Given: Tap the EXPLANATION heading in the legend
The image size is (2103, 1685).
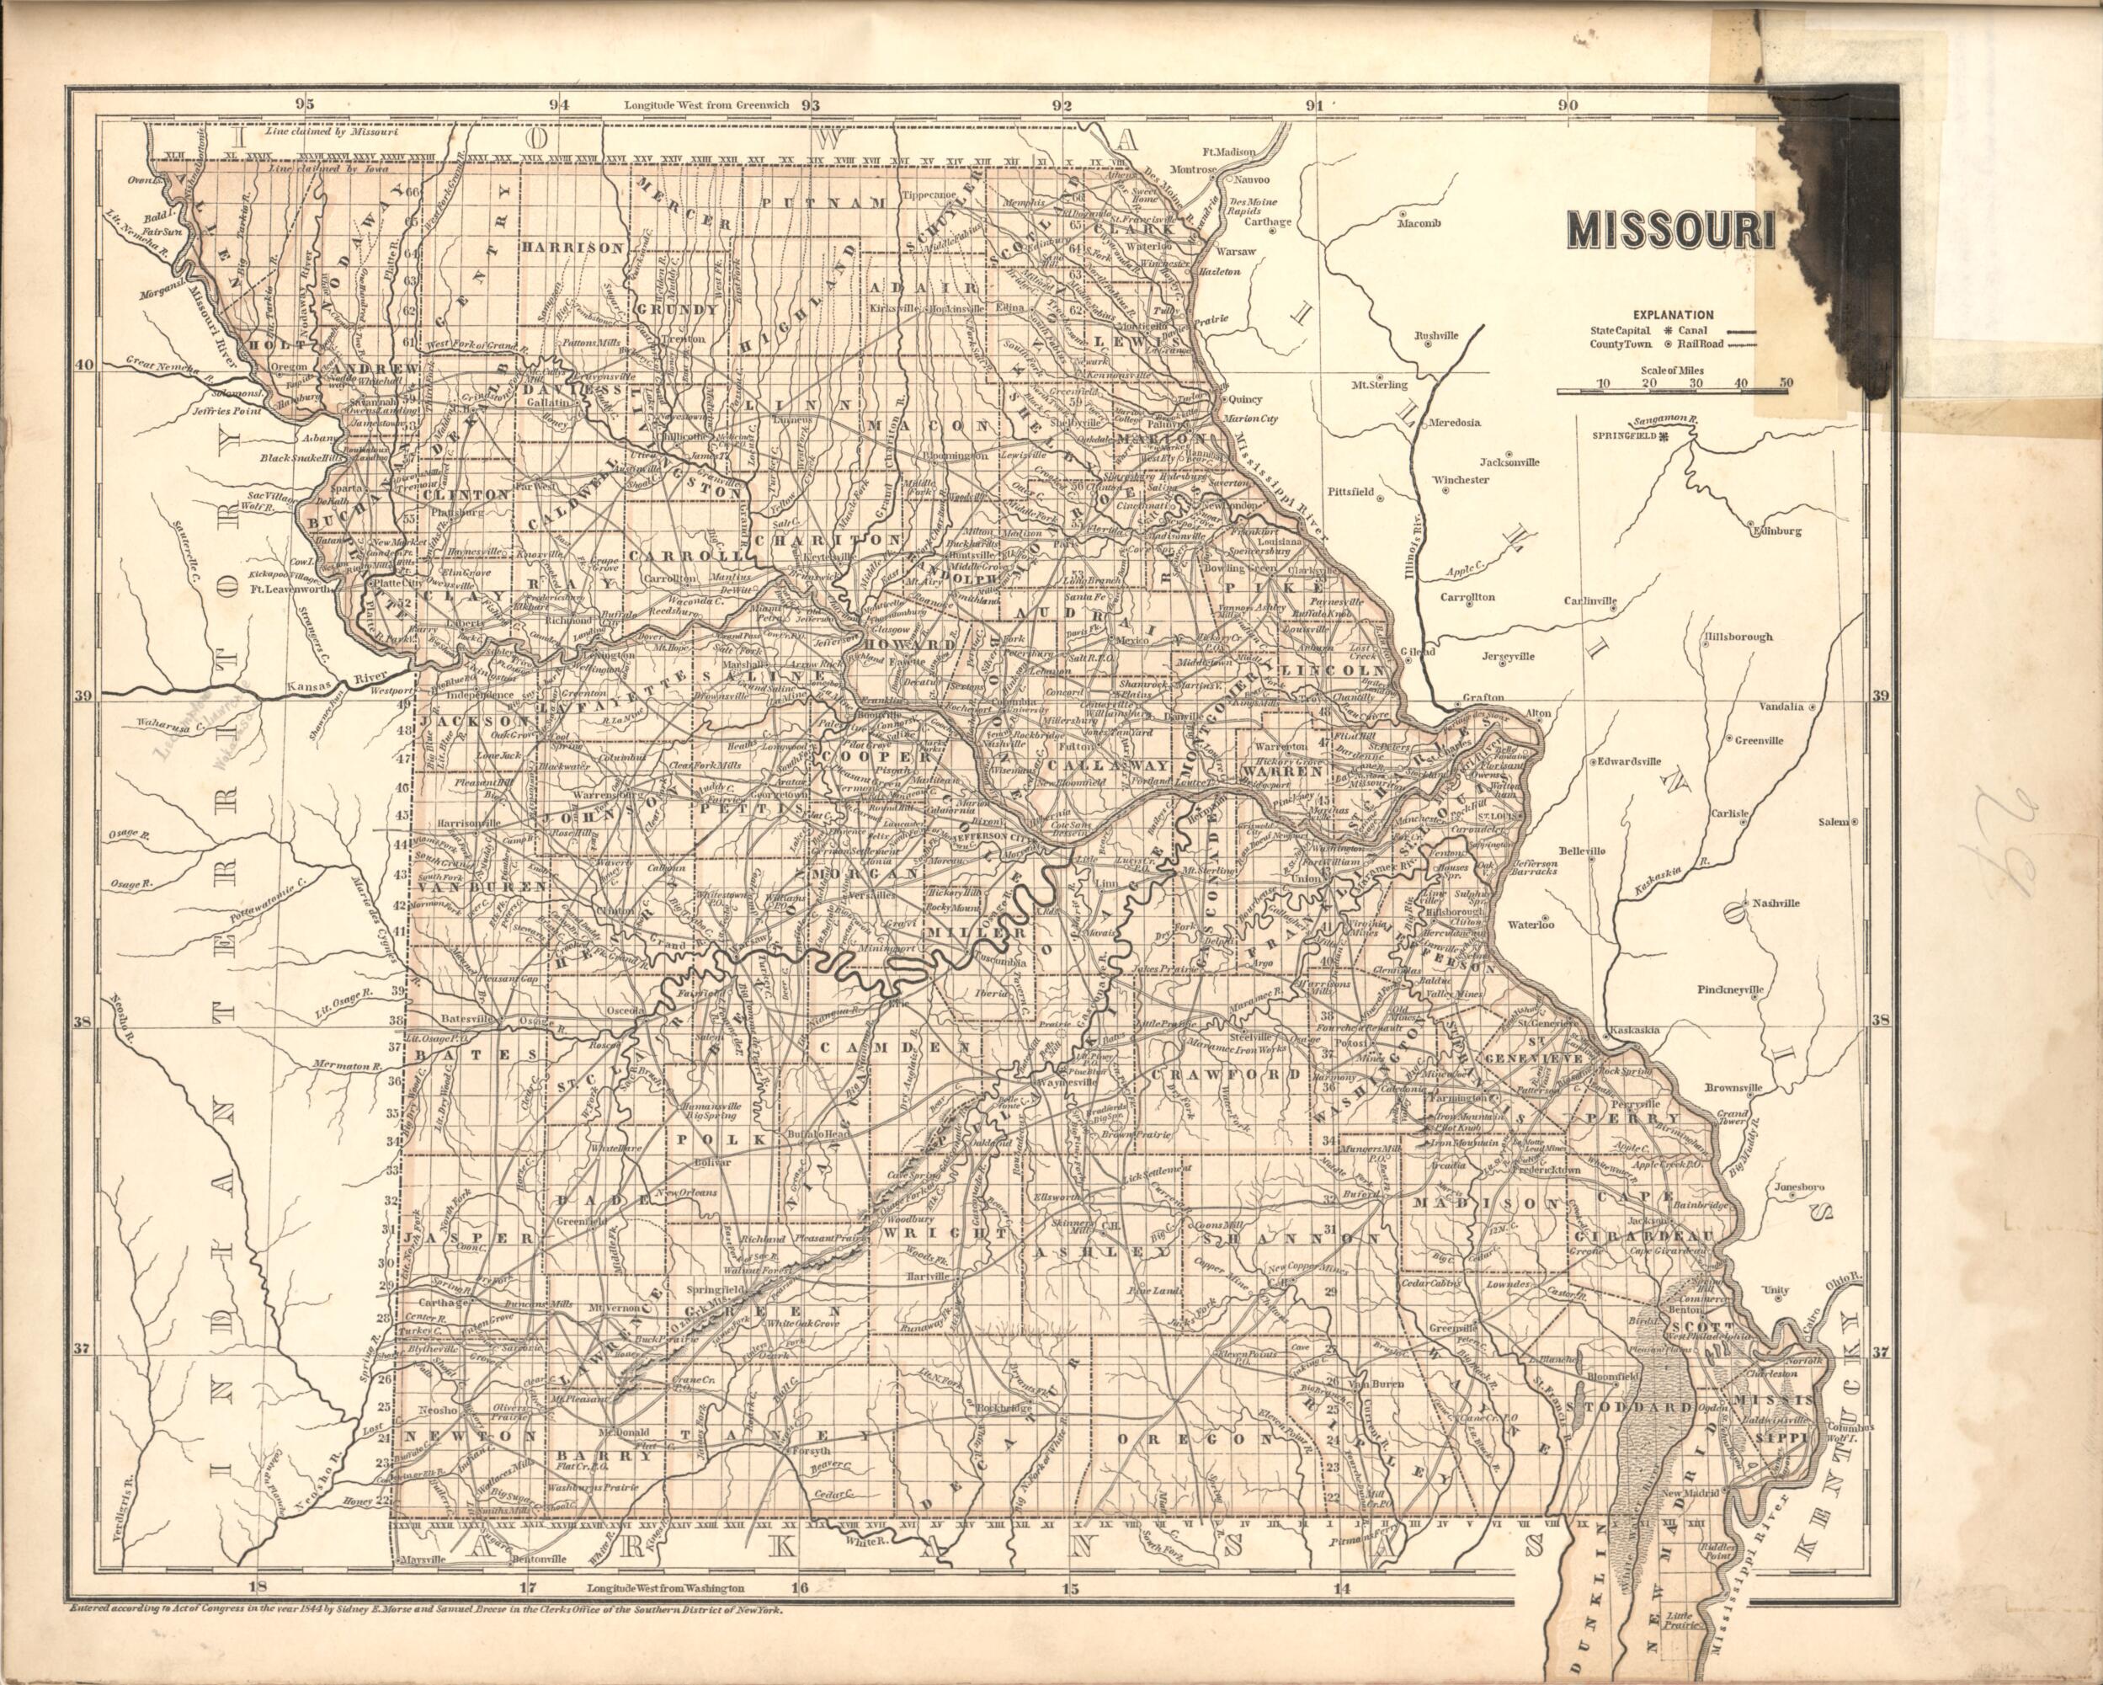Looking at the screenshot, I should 1672,314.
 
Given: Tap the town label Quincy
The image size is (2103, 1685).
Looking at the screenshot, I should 1246,399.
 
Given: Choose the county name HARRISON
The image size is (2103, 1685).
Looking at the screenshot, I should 572,248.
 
